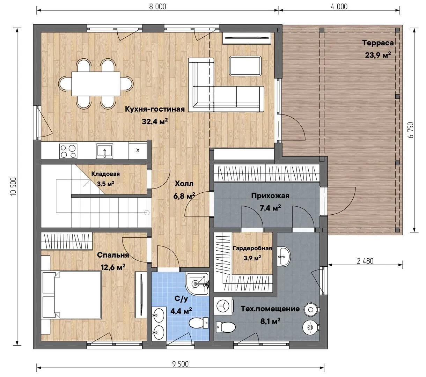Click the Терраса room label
point(378,43)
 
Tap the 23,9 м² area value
point(378,55)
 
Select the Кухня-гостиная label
point(155,109)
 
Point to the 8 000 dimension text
point(157,7)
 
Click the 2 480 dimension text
point(365,261)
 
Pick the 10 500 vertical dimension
point(13,186)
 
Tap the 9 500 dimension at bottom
point(181,364)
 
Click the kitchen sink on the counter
point(104,151)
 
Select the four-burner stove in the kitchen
point(68,151)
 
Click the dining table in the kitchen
point(96,84)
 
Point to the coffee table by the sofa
point(245,66)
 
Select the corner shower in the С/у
point(197,284)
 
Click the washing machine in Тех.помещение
point(223,306)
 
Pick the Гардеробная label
point(252,248)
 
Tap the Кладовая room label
point(105,174)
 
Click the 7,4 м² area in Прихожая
point(270,208)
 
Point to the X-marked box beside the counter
point(138,150)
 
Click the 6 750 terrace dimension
point(411,130)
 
